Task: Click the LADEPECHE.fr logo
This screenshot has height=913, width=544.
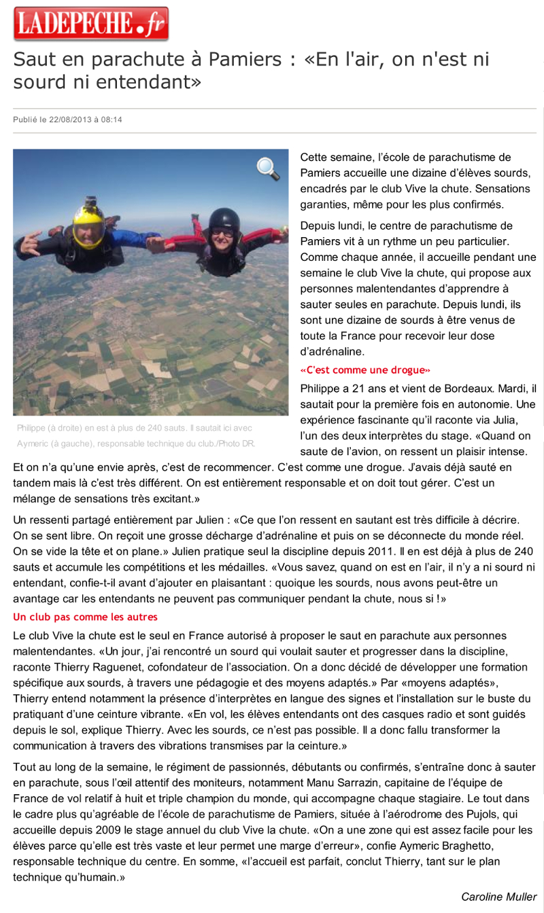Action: tap(90, 24)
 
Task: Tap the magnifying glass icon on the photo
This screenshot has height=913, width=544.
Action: tap(268, 168)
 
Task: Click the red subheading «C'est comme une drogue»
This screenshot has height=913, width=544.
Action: tap(365, 370)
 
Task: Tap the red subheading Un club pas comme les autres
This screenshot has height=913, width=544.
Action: tap(85, 617)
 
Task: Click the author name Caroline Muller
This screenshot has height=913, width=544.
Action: tap(498, 897)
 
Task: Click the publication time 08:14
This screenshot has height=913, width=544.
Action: tap(112, 120)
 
